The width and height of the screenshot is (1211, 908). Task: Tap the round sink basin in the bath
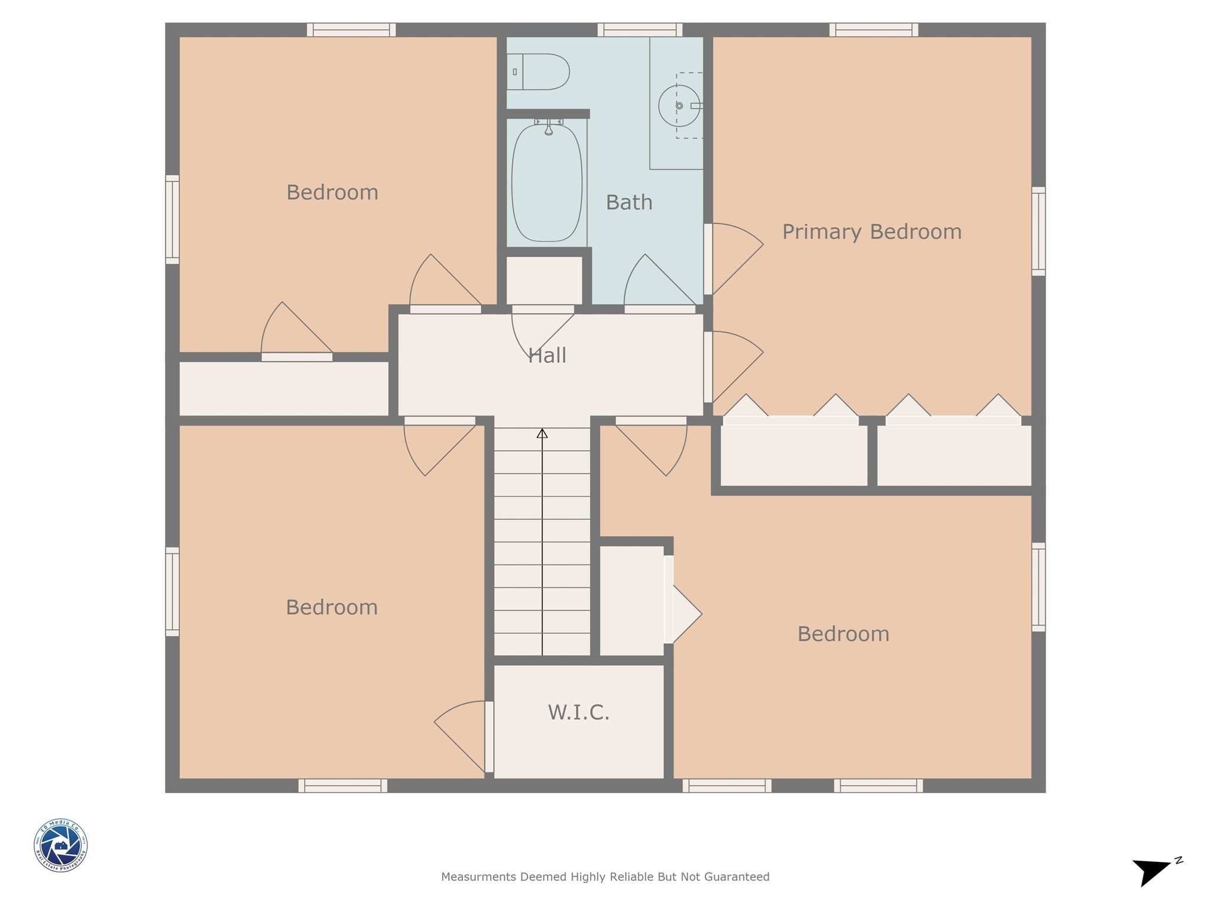coord(679,106)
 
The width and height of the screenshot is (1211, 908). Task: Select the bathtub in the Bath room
coord(547,183)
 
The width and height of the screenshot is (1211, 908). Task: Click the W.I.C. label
coord(578,712)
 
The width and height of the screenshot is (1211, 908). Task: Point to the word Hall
coord(547,355)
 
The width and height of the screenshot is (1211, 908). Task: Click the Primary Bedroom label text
coord(872,232)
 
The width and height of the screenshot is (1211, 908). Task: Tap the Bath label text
coord(629,203)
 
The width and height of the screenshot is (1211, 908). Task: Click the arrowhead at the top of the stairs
coord(542,434)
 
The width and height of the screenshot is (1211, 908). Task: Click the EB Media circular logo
coord(61,845)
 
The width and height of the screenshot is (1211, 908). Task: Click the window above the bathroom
coord(640,30)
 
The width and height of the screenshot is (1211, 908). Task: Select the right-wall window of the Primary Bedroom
coord(1038,231)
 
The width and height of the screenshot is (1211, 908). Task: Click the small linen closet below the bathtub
coord(545,280)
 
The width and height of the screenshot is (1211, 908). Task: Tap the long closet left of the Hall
coord(284,388)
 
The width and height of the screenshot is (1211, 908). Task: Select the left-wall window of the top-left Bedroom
coord(172,219)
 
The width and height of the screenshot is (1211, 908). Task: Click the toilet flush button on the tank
coord(515,72)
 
